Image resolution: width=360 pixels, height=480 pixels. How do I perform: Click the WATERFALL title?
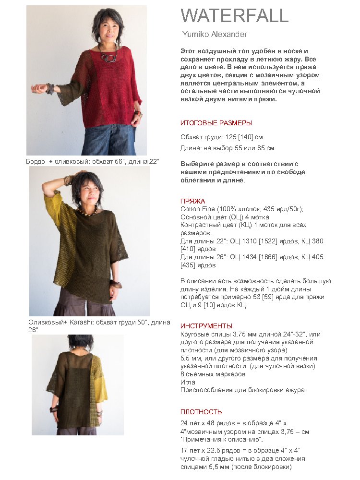tap(235, 16)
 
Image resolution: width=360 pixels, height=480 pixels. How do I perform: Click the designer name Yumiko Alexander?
tap(215, 34)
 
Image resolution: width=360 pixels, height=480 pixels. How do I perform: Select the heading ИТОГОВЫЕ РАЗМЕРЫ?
tap(216, 123)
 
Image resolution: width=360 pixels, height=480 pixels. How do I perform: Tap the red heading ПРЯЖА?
tap(193, 201)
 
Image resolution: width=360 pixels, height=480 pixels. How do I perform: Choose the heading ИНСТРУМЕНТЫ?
tap(206, 326)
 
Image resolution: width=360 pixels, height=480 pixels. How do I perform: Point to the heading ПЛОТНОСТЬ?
tap(201, 412)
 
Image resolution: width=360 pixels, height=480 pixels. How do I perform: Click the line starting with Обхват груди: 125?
tap(222, 137)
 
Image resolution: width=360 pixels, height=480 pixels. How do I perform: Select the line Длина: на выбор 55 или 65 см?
tap(228, 148)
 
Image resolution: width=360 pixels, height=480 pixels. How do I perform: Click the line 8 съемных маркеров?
tap(213, 374)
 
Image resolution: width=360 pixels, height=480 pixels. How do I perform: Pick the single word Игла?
tap(188, 382)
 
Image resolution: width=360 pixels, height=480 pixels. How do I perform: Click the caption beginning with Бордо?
tap(93, 161)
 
